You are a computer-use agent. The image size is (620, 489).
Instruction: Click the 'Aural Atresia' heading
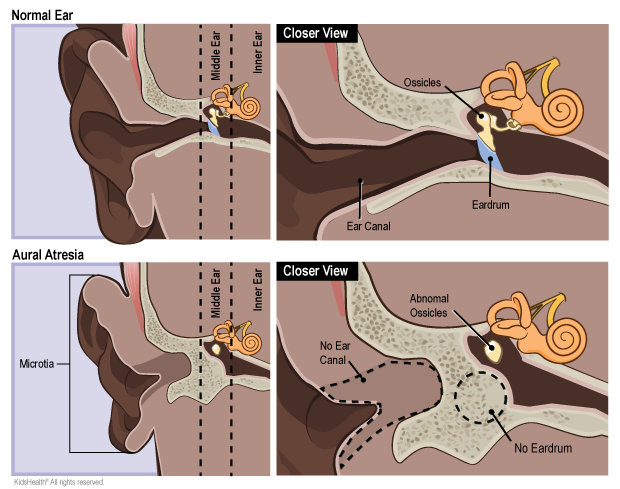coord(48,255)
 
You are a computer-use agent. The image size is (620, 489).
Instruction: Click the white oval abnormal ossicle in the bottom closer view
coord(491,348)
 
